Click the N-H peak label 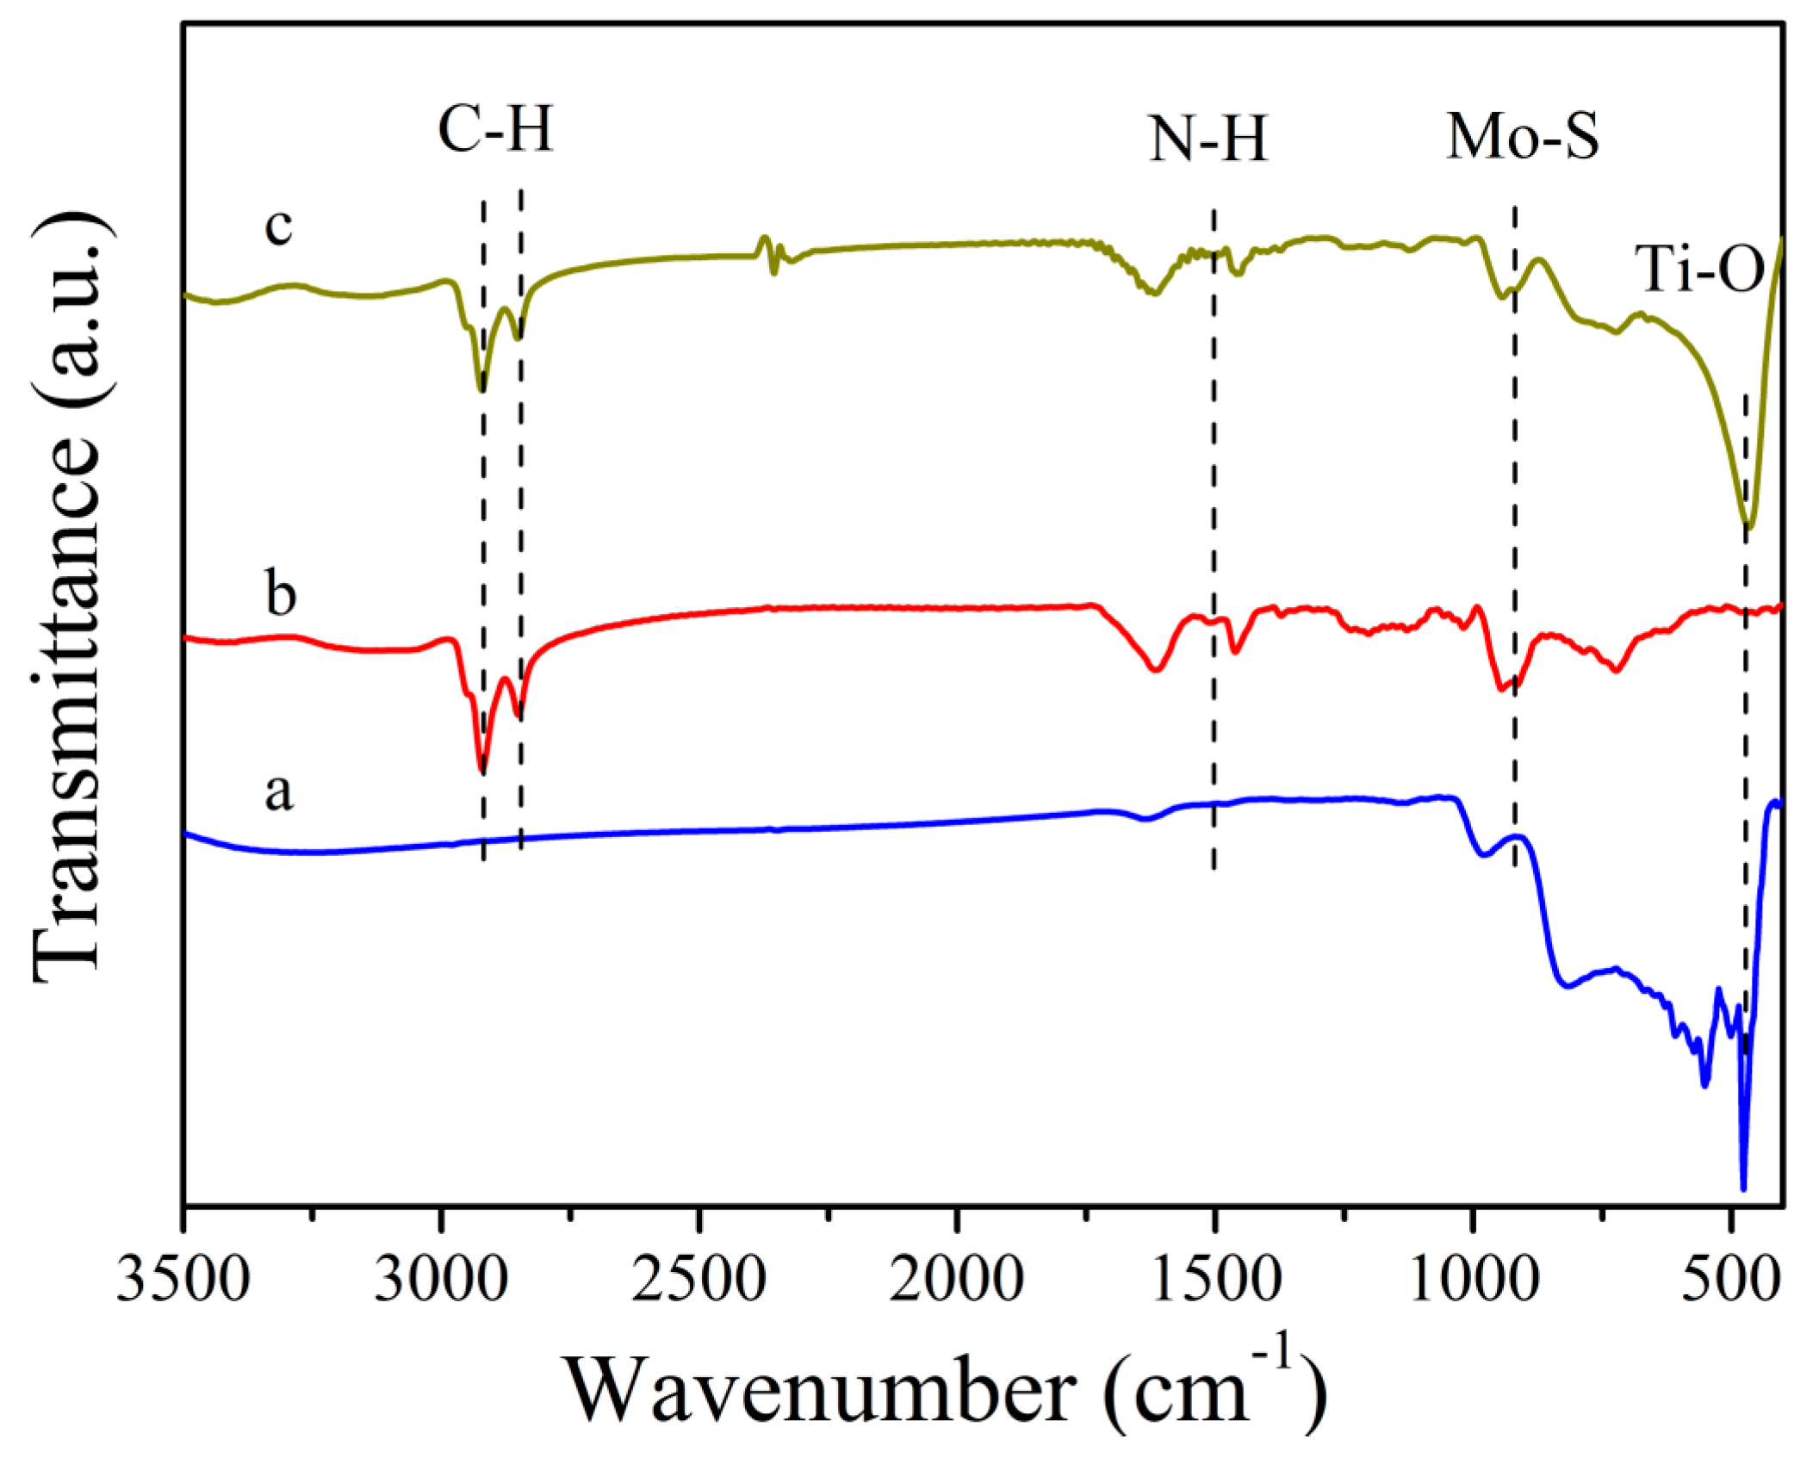[1208, 140]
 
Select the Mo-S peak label [1522, 136]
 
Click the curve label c [278, 227]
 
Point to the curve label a [278, 791]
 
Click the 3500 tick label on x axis [183, 1279]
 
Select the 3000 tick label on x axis [441, 1279]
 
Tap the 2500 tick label [699, 1279]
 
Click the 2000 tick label [956, 1279]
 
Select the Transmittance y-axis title [69, 594]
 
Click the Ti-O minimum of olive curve [1748, 526]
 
